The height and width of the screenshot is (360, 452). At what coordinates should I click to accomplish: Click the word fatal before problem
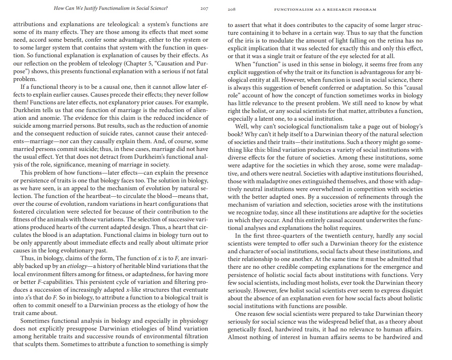199,71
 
